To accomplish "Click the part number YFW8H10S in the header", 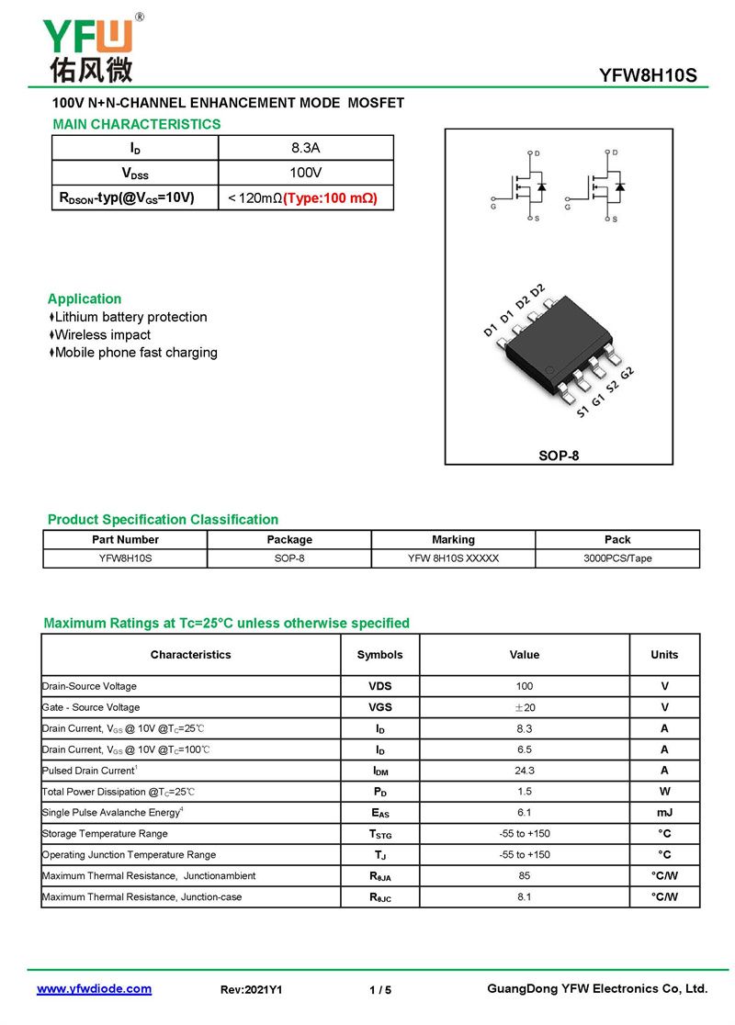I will pos(648,76).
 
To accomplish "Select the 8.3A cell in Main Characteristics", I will pos(305,148).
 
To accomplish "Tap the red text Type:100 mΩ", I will pos(330,197).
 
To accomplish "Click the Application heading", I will pos(85,298).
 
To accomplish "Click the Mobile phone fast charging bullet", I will pos(136,353).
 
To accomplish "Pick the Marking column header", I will pos(453,539).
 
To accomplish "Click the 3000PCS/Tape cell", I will pos(617,558).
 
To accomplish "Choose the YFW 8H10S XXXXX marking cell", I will pos(453,558).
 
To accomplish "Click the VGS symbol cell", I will pos(379,707).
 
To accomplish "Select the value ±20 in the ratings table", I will pos(525,707).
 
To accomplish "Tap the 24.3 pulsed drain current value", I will pos(525,771).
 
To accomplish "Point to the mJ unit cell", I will pos(664,813).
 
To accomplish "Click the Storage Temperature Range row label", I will pos(105,834).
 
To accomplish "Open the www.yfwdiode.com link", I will pos(94,989).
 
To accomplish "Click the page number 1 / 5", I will pos(379,990).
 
